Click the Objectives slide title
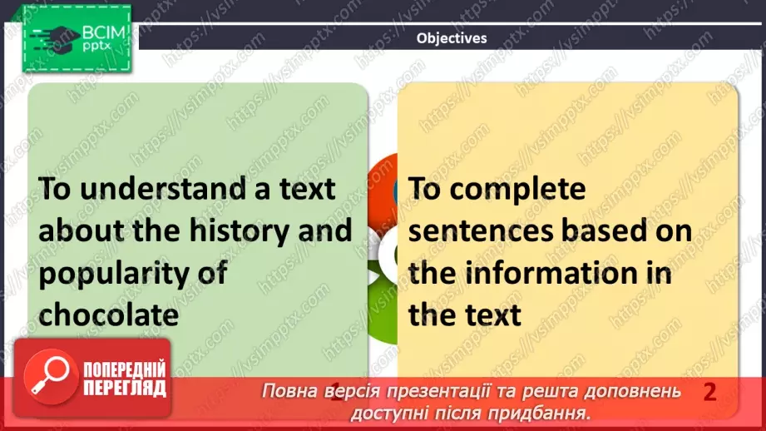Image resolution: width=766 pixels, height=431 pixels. pyautogui.click(x=452, y=37)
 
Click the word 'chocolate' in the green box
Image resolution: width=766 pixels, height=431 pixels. pyautogui.click(x=109, y=315)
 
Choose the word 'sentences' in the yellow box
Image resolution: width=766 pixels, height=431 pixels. pyautogui.click(x=482, y=231)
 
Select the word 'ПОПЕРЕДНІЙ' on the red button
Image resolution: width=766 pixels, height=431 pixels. pyautogui.click(x=125, y=369)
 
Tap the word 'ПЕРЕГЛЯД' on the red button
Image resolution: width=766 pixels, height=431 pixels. pyautogui.click(x=125, y=388)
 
